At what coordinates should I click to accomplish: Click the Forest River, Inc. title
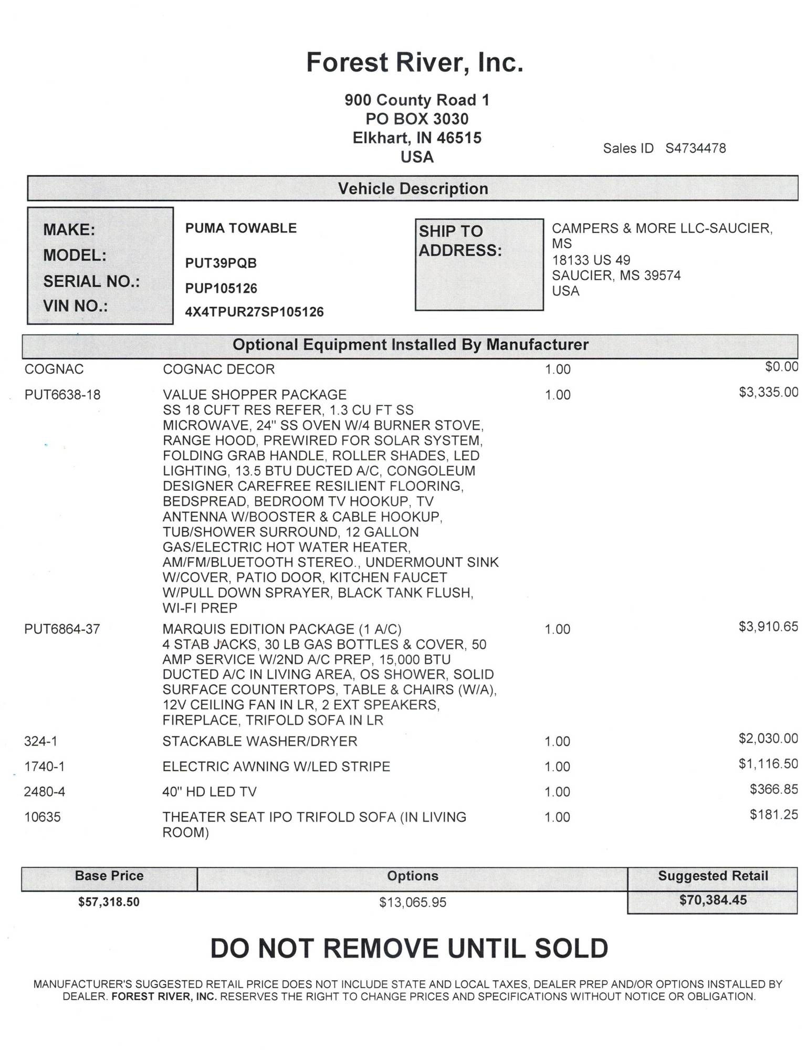point(414,62)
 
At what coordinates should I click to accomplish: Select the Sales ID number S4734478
point(695,149)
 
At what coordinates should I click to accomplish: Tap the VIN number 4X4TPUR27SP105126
point(254,312)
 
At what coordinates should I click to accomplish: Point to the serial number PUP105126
point(221,288)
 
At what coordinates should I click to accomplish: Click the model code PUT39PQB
point(221,263)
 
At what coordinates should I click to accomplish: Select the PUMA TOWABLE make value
point(240,228)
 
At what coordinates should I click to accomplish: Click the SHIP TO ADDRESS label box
point(478,264)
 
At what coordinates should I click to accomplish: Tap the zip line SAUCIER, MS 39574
point(616,276)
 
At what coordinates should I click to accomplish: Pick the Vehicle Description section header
point(413,188)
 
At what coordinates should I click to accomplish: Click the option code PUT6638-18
point(62,395)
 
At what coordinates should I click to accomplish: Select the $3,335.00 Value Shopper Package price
point(768,392)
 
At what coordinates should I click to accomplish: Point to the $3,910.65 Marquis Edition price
point(768,626)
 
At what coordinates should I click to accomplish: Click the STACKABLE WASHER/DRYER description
point(259,741)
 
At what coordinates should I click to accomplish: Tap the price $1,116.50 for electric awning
point(768,764)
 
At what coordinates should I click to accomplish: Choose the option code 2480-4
point(45,792)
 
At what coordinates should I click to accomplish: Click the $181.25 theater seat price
point(773,814)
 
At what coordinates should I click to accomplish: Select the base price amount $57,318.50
point(109,902)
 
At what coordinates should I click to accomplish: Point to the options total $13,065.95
point(413,902)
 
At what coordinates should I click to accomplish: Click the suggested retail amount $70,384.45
point(713,900)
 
